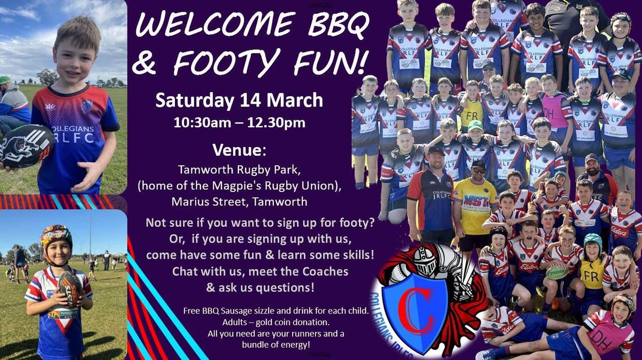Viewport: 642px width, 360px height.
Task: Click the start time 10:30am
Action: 202,122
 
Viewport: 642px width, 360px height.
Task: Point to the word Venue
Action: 239,150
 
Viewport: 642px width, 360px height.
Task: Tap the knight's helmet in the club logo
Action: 425,261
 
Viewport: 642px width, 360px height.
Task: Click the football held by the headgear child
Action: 70,289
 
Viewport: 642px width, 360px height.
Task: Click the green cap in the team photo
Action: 475,125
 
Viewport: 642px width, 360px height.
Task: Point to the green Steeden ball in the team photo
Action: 556,272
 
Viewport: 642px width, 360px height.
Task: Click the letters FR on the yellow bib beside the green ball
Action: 591,275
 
